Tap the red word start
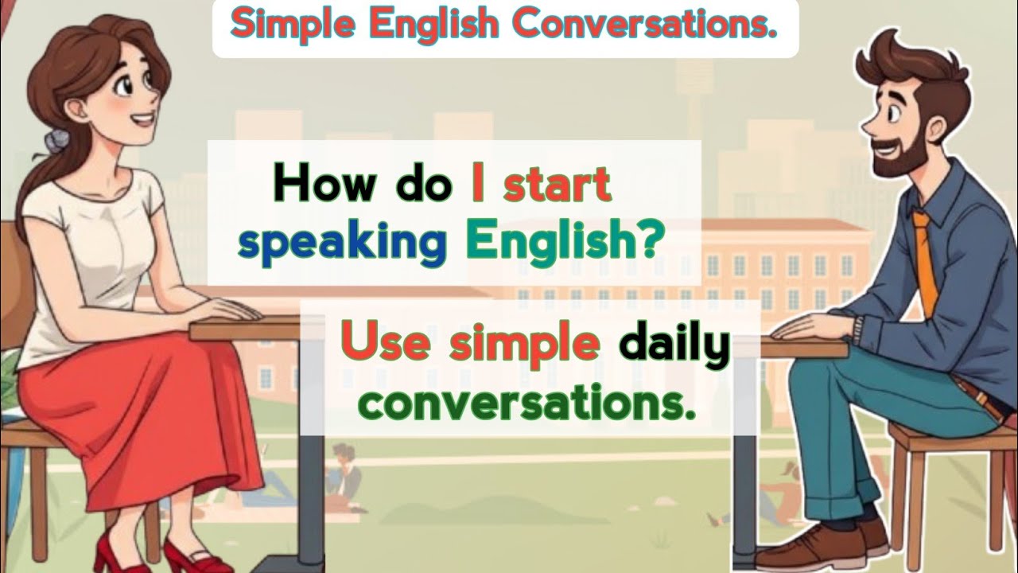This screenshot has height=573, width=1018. point(558,185)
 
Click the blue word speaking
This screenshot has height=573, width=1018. point(342,246)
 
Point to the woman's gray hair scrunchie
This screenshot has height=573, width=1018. point(56,142)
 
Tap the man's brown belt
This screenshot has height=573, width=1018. point(986,398)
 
